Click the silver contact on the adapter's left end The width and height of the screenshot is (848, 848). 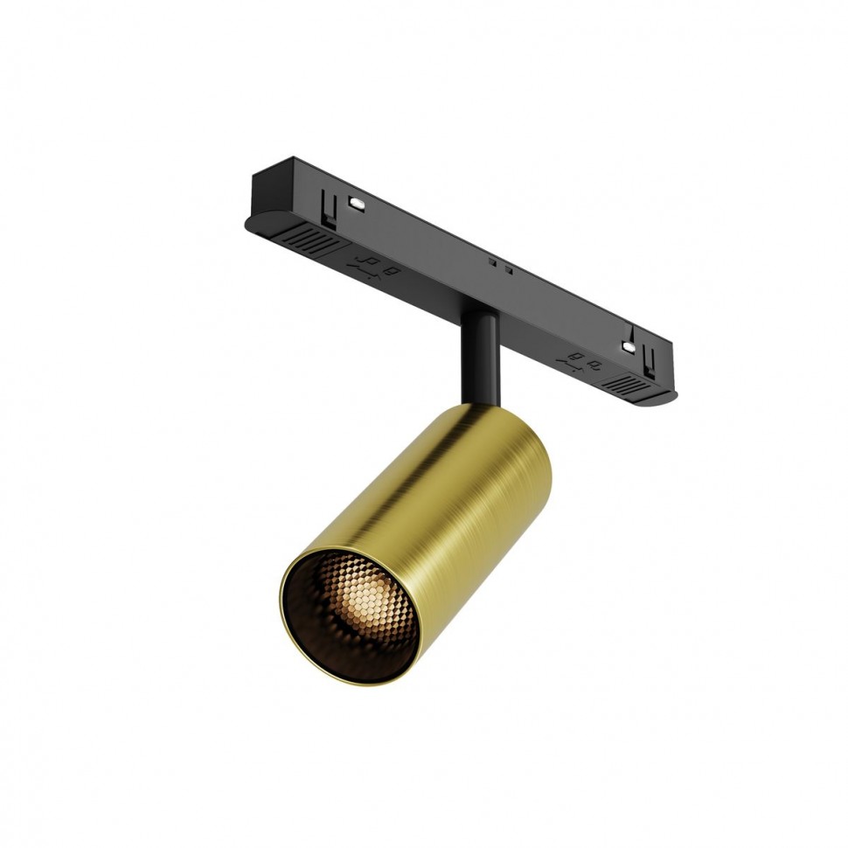(357, 203)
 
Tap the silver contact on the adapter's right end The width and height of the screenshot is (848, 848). (628, 346)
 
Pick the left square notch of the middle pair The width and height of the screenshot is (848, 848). (492, 261)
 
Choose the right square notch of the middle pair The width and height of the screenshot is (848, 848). (507, 268)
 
